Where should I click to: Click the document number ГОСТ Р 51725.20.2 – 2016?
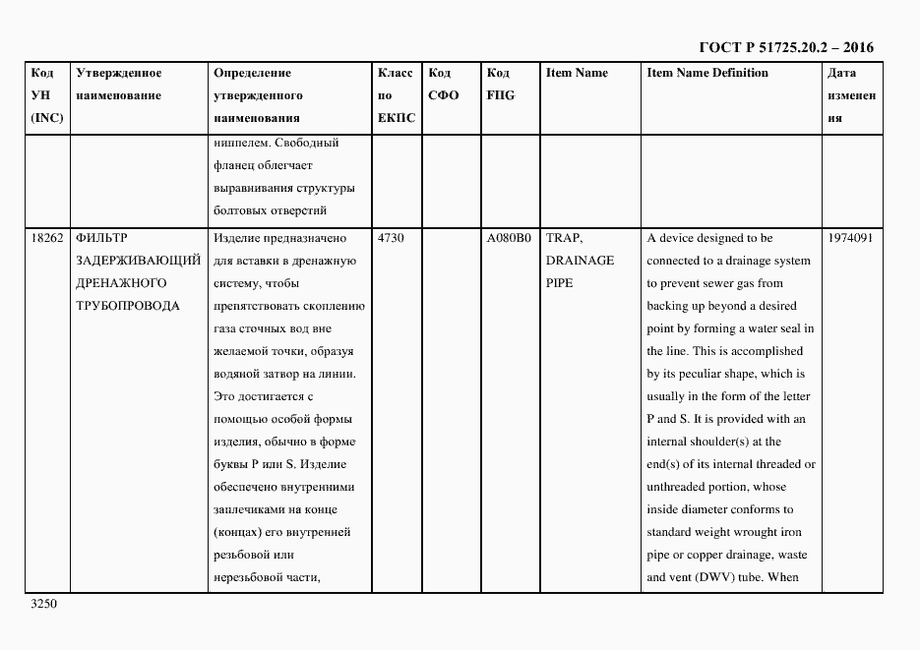[785, 46]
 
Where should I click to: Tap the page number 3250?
[46, 605]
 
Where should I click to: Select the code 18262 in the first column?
[46, 238]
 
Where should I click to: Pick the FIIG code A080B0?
[508, 238]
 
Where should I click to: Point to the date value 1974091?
[851, 238]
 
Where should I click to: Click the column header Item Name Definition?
[707, 73]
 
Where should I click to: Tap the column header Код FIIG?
[500, 85]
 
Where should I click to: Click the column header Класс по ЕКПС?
[396, 95]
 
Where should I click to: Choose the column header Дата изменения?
[851, 95]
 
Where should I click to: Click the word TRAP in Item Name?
[564, 238]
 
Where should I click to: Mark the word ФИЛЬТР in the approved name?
[101, 238]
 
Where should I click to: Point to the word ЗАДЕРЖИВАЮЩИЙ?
[138, 261]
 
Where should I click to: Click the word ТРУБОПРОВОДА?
[127, 306]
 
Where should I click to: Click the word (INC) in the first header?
[47, 118]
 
